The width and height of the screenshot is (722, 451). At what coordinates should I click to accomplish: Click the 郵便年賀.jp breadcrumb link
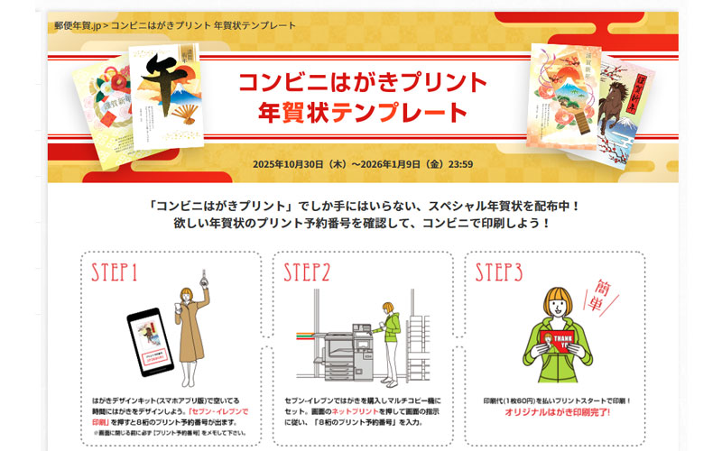(x=77, y=24)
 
